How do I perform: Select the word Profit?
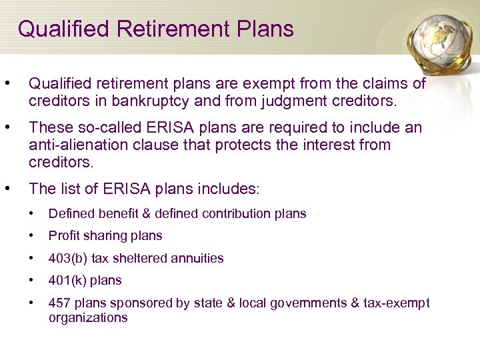point(64,236)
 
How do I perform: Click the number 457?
point(59,303)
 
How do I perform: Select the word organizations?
point(88,318)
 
